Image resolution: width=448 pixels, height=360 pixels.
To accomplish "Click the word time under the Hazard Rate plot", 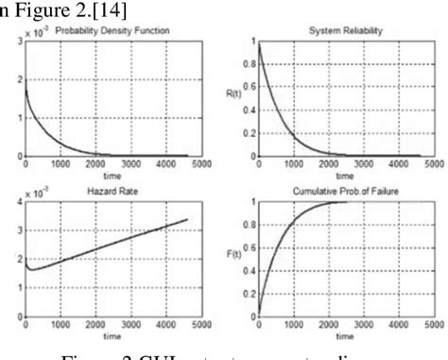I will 107,334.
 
